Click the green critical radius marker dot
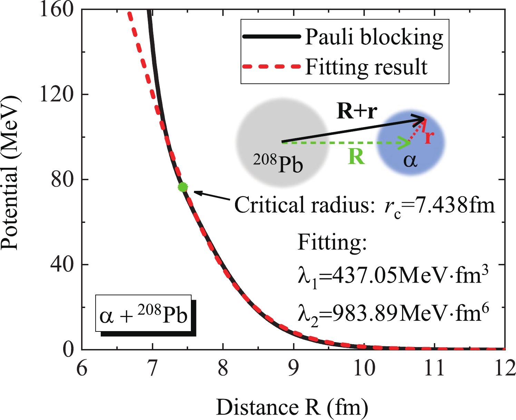tap(183, 187)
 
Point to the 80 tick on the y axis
tap(62, 180)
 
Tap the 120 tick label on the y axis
tap(57, 94)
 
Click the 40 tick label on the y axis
tap(62, 265)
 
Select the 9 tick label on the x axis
tap(294, 368)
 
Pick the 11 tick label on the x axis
tap(434, 368)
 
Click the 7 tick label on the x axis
tap(152, 368)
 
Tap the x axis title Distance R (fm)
tap(292, 408)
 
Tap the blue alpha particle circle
tap(411, 152)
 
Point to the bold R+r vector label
tap(357, 112)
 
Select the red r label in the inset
tap(429, 137)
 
